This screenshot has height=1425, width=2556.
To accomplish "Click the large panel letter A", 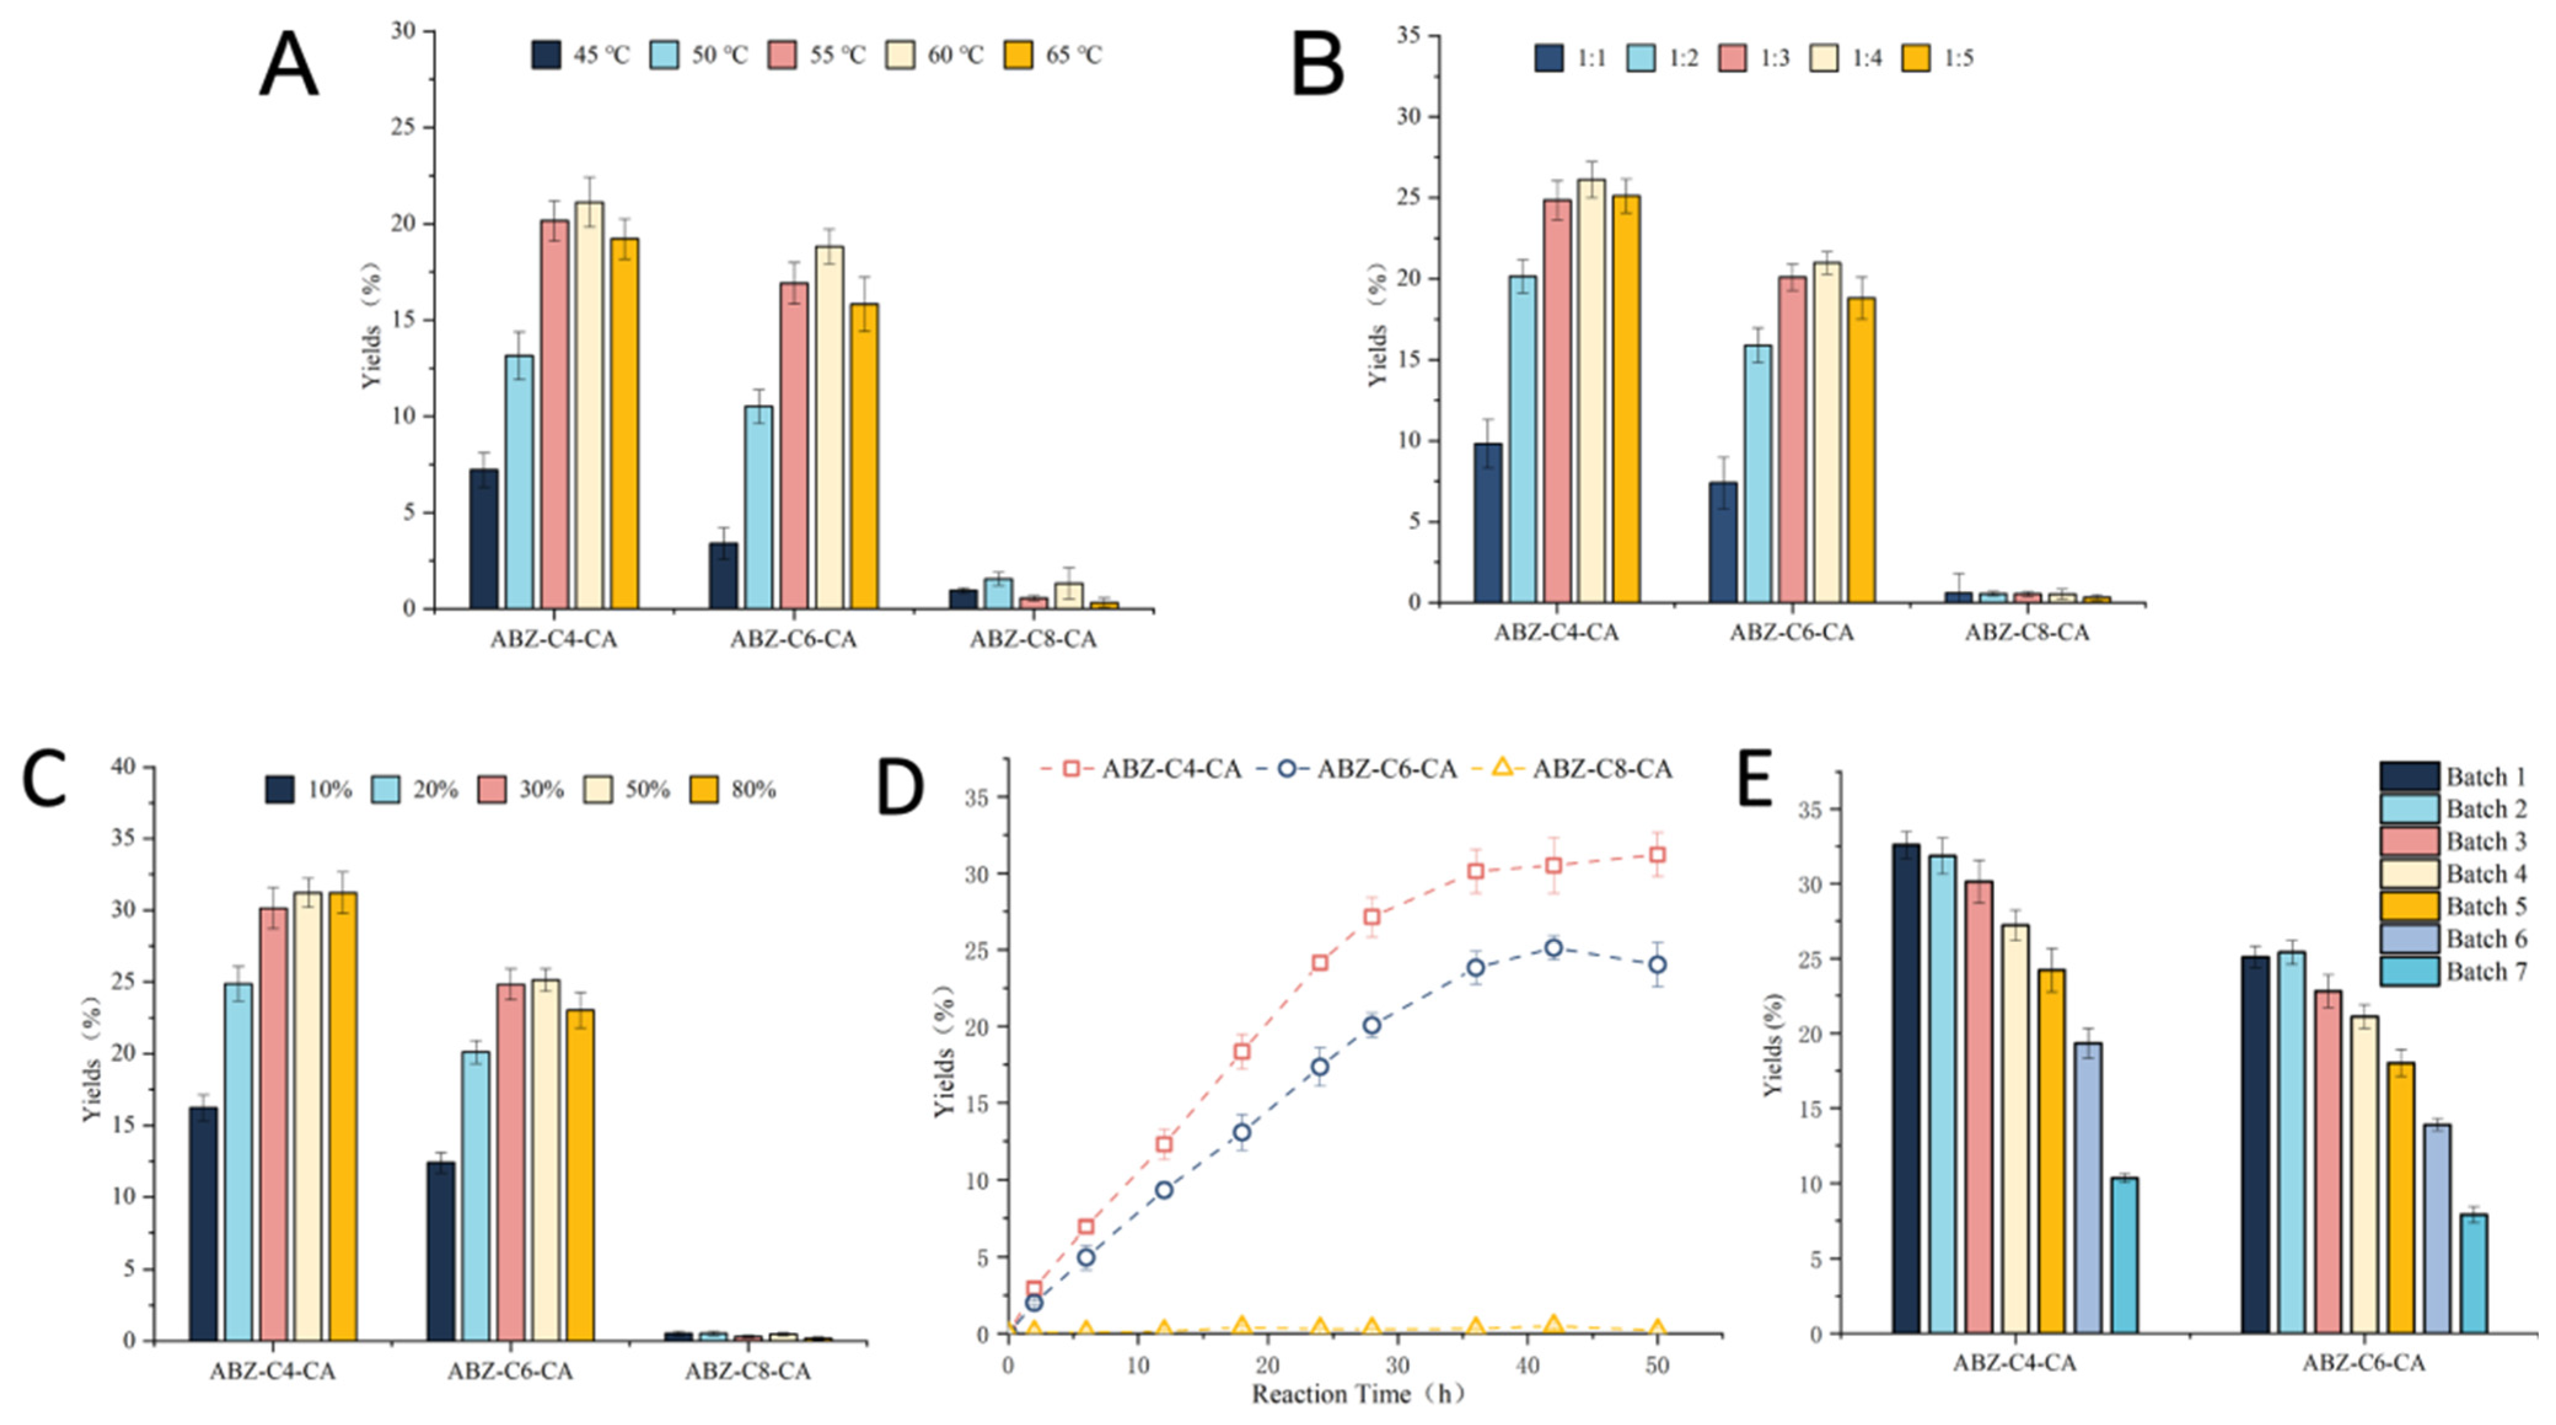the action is coord(289,65).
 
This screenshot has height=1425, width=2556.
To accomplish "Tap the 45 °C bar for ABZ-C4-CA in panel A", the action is coord(484,539).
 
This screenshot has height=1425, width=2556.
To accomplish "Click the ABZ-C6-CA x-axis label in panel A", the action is coord(793,639).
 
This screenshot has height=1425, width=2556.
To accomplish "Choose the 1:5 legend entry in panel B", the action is coord(1939,58).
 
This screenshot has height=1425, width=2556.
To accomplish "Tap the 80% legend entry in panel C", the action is coord(733,790).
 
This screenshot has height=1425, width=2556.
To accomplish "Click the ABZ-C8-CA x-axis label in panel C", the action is coord(747,1372).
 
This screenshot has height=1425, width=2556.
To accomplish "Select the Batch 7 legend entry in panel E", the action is coord(2453,972).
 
